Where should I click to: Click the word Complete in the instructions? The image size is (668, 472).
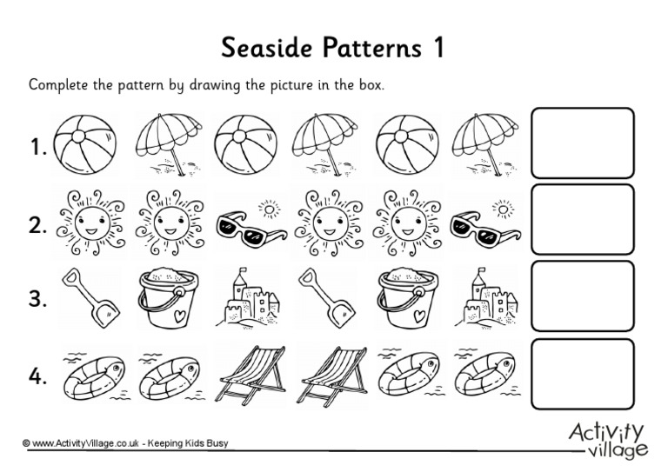[57, 86]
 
